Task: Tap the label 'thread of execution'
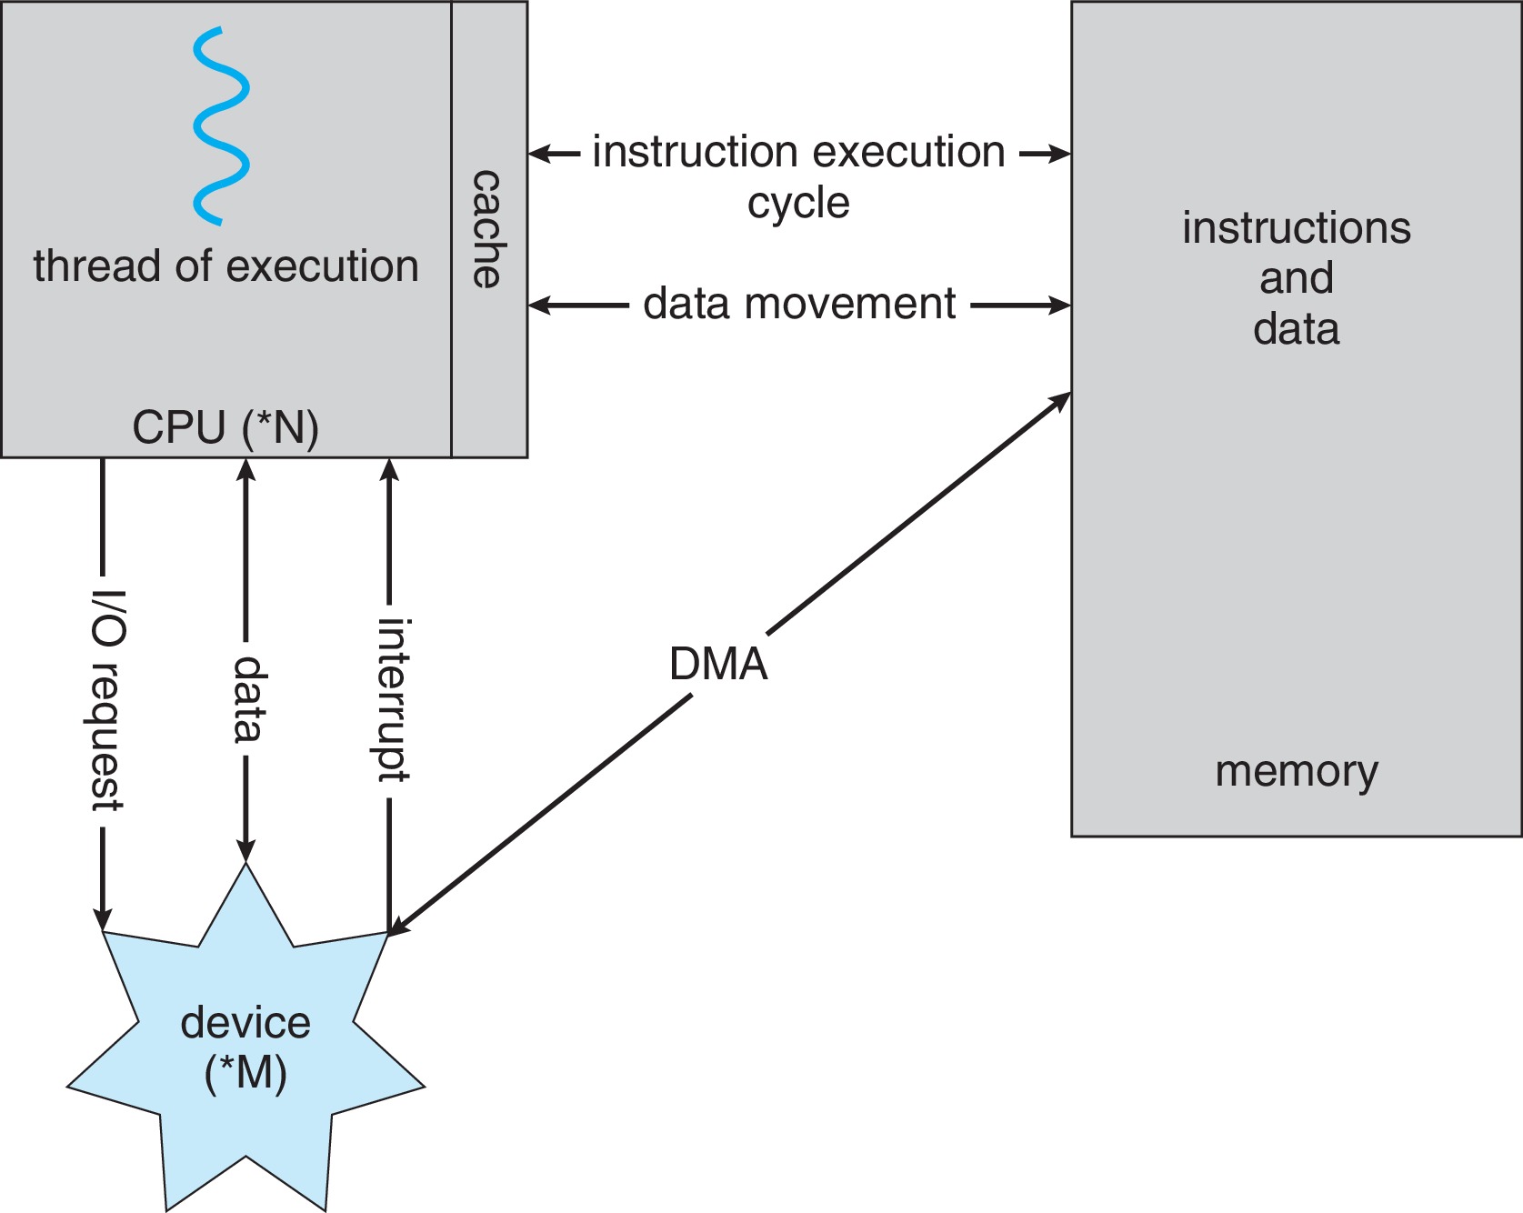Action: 225,266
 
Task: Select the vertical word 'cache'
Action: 487,229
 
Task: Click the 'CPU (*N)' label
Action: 225,427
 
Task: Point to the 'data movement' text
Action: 798,304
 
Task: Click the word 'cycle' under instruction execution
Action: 798,203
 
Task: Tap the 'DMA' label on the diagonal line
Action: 718,664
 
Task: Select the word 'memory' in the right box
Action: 1296,771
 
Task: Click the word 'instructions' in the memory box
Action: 1296,227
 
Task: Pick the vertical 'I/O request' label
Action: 106,700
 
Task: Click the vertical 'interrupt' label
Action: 393,700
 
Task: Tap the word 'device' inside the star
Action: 245,1023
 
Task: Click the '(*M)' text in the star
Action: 245,1073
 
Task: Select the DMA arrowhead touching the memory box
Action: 1060,401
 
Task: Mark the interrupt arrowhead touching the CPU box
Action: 389,469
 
